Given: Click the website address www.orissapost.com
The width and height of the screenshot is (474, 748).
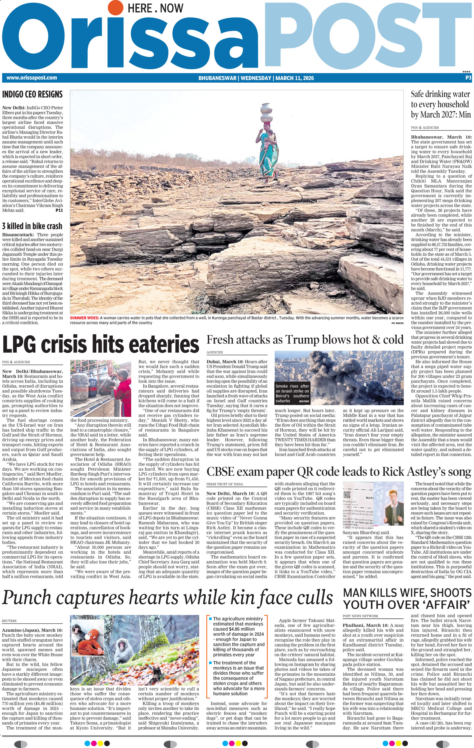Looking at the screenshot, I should click(31, 78).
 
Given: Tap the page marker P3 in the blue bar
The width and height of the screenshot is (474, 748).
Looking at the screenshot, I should click(468, 78).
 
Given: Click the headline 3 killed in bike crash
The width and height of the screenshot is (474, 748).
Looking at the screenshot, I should click(32, 226).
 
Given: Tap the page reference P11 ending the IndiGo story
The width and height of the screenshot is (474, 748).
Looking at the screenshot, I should click(59, 210).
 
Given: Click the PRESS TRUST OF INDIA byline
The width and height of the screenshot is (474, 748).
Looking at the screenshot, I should click(225, 484).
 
